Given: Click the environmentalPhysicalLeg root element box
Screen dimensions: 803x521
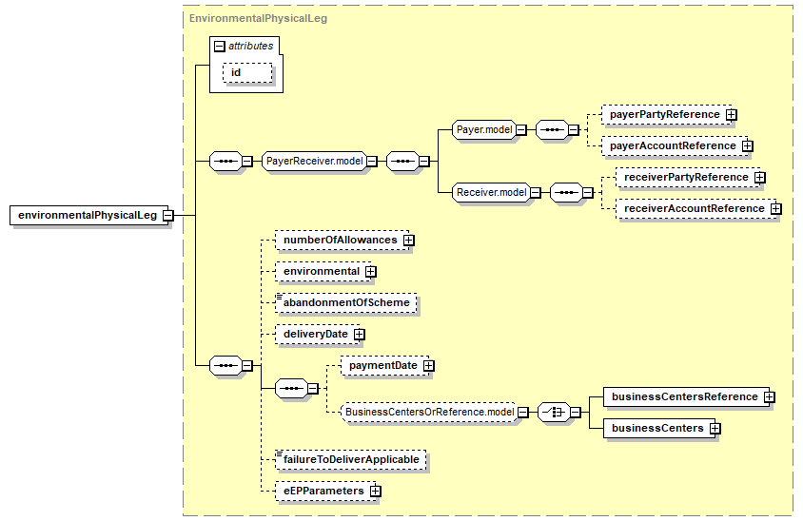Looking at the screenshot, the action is point(88,216).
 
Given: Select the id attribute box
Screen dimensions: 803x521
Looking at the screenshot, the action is point(247,72).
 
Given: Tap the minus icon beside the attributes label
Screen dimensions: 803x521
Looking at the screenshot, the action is point(219,46).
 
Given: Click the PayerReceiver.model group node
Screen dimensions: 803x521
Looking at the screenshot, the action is point(314,162).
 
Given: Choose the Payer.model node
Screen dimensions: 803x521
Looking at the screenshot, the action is point(484,130).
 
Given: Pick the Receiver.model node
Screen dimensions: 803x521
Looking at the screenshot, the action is point(491,192).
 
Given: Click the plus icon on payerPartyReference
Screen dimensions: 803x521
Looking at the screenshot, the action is point(732,115).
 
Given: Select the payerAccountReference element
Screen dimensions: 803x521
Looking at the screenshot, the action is point(673,145).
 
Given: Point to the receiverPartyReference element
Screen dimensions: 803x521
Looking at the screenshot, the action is point(686,178).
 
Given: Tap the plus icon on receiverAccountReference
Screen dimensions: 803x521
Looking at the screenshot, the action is point(775,209).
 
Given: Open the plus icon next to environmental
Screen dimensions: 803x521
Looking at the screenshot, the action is point(371,272).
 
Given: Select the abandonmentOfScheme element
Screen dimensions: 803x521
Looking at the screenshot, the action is point(346,303).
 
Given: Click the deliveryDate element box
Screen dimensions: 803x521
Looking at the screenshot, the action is point(318,335).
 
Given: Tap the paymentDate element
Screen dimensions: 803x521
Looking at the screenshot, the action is point(384,366).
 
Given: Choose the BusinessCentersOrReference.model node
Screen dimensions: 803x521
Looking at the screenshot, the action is point(429,412).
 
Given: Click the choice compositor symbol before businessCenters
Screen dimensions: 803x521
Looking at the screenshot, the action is point(554,412).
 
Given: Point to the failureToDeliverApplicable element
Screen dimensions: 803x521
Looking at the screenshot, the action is point(351,459).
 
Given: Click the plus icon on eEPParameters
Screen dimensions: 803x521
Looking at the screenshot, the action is point(376,492).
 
